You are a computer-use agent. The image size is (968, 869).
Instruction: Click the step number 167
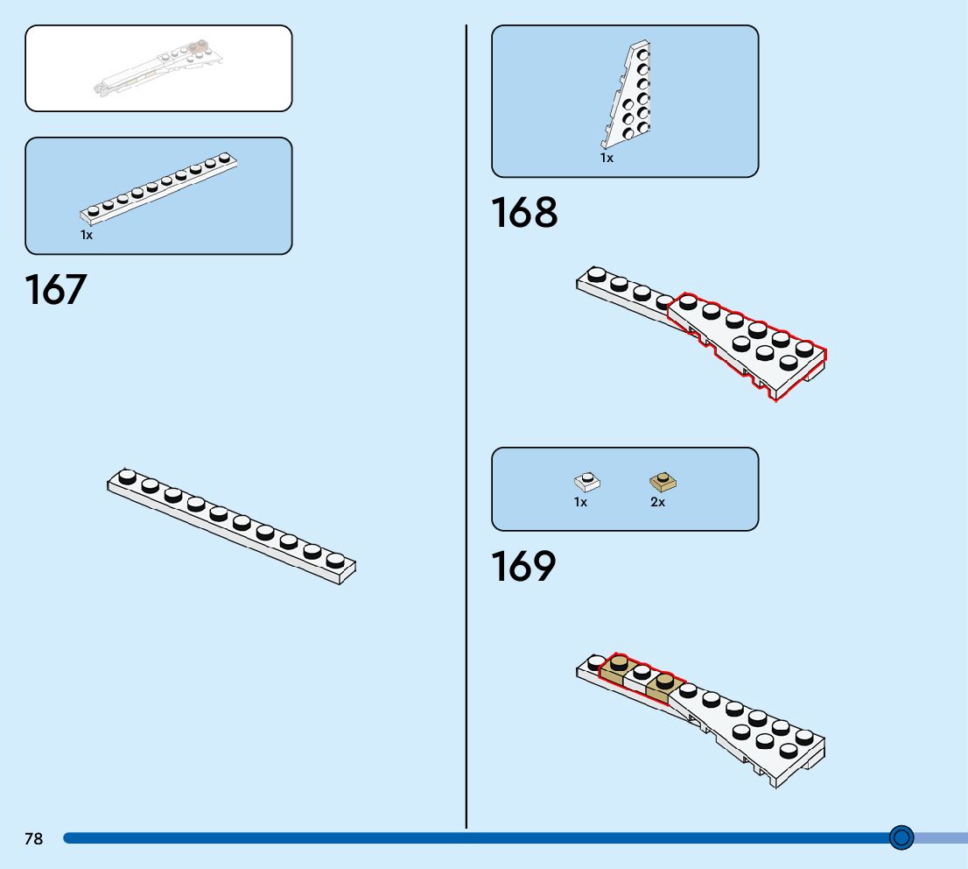tap(56, 290)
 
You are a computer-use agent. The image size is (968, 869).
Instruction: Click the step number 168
tap(523, 213)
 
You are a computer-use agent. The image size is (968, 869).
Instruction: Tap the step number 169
tap(523, 567)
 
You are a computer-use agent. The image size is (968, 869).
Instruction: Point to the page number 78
tap(33, 839)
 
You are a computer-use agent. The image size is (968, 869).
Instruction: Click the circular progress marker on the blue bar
tap(901, 837)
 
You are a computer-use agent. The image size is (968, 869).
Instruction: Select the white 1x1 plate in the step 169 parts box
tap(586, 481)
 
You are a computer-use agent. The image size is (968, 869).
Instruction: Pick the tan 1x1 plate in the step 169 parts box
tap(663, 481)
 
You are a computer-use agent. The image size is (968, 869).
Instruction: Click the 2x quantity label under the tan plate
tap(657, 503)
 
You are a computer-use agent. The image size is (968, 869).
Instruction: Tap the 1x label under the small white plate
tap(580, 503)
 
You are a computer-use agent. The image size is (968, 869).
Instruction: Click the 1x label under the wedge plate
tap(607, 159)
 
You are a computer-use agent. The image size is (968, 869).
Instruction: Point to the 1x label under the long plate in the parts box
tap(87, 235)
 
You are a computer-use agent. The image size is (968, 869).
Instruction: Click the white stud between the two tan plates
tap(641, 673)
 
